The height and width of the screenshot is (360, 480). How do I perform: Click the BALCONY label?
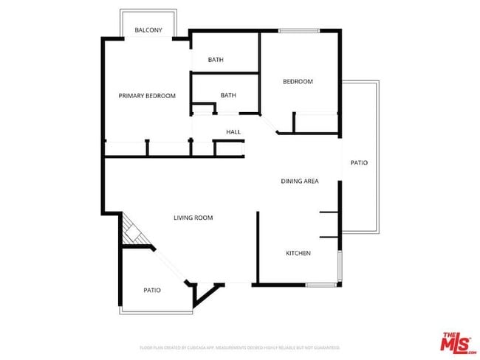tap(148, 30)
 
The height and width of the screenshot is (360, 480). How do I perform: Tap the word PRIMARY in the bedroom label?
tap(133, 96)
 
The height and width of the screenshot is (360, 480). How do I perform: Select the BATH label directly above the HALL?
tap(228, 95)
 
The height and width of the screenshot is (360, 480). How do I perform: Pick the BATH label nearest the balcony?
tap(216, 60)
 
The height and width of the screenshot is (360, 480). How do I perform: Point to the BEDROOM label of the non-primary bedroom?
tap(298, 82)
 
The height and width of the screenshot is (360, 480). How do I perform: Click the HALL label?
tap(233, 132)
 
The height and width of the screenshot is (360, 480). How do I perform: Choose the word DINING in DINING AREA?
tap(292, 181)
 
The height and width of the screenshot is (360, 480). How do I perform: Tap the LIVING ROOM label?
tap(193, 218)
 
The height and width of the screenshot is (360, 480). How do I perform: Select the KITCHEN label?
tap(298, 254)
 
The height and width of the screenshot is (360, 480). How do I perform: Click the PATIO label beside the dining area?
tap(359, 162)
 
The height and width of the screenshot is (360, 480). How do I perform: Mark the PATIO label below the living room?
tap(152, 290)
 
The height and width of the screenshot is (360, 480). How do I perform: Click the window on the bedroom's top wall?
tap(298, 30)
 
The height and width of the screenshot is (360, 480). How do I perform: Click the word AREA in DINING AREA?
tap(311, 181)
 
